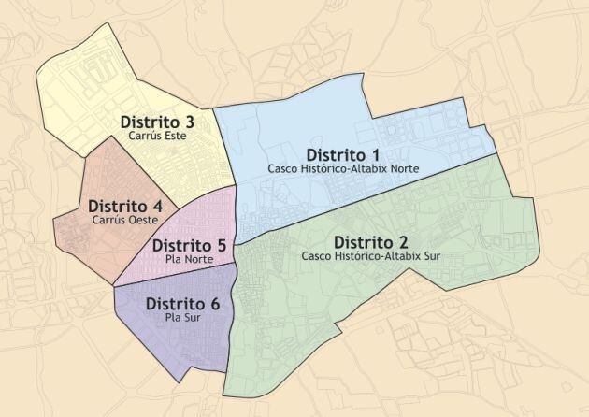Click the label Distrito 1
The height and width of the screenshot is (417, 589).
pyautogui.click(x=342, y=154)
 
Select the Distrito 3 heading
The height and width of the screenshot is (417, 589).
pyautogui.click(x=157, y=122)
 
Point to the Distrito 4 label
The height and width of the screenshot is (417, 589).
pyautogui.click(x=125, y=206)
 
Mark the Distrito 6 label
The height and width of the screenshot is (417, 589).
pyautogui.click(x=183, y=304)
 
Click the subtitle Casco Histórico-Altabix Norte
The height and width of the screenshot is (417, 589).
pyautogui.click(x=342, y=169)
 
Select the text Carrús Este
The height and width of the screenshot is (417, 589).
pyautogui.click(x=157, y=137)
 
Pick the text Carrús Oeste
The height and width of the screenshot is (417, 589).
pyautogui.click(x=125, y=220)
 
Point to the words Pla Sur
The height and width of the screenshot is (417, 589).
pyautogui.click(x=183, y=318)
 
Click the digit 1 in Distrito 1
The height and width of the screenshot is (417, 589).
pyautogui.click(x=376, y=154)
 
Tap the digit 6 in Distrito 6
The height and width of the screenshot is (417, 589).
pyautogui.click(x=216, y=304)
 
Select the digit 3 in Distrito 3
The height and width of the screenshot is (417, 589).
pyautogui.click(x=190, y=122)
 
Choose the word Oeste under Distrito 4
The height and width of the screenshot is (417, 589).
pyautogui.click(x=140, y=220)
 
